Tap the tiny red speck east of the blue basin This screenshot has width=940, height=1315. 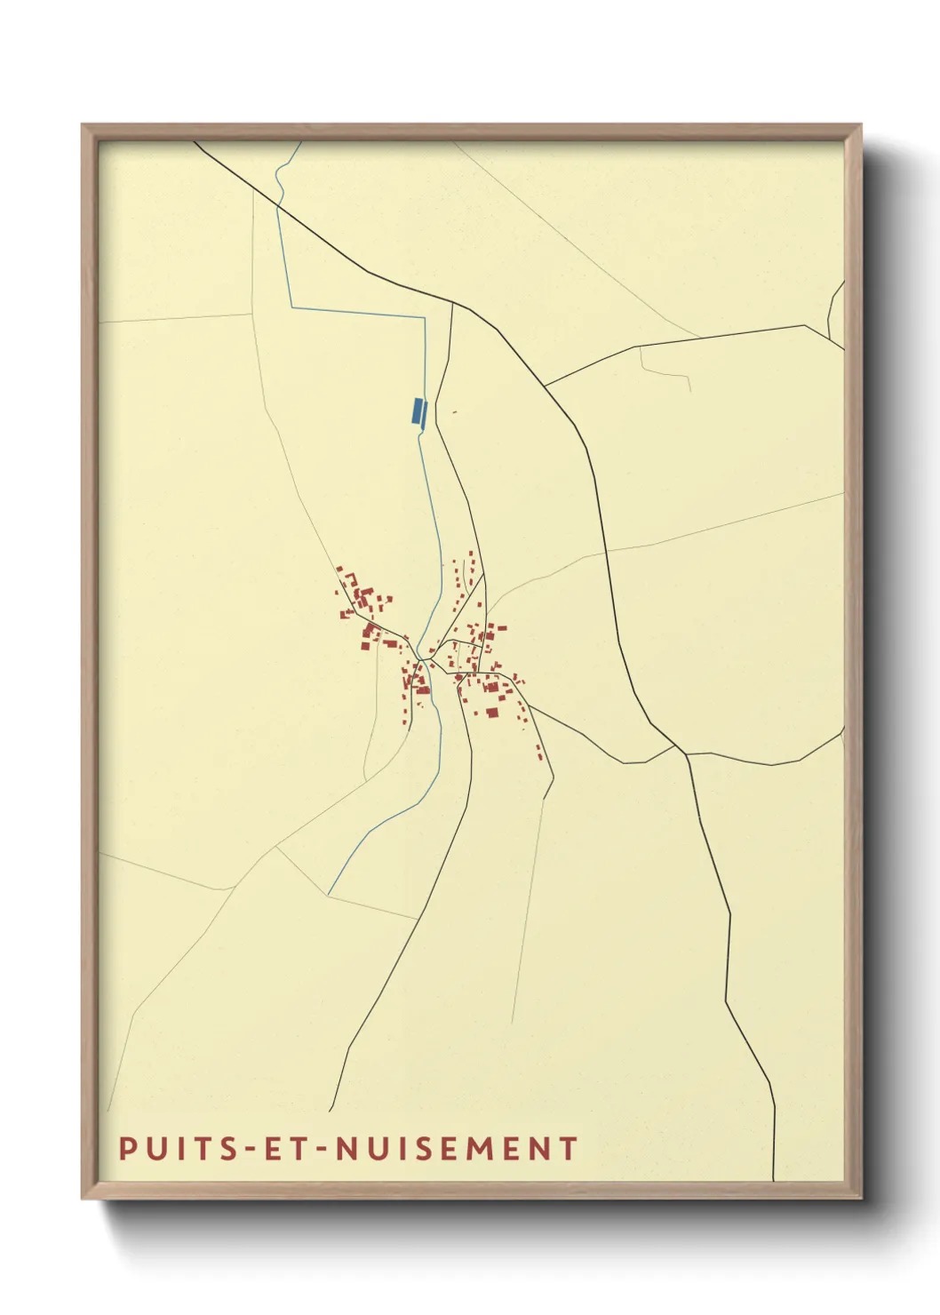453,411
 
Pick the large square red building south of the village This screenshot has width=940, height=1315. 491,711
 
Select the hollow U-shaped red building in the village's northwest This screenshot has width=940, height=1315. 351,579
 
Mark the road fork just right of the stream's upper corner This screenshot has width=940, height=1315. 452,304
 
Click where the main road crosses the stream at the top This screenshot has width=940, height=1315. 278,206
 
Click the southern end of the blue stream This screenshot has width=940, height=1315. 329,894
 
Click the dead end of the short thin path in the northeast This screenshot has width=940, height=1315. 689,392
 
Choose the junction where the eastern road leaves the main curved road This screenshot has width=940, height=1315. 545,386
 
